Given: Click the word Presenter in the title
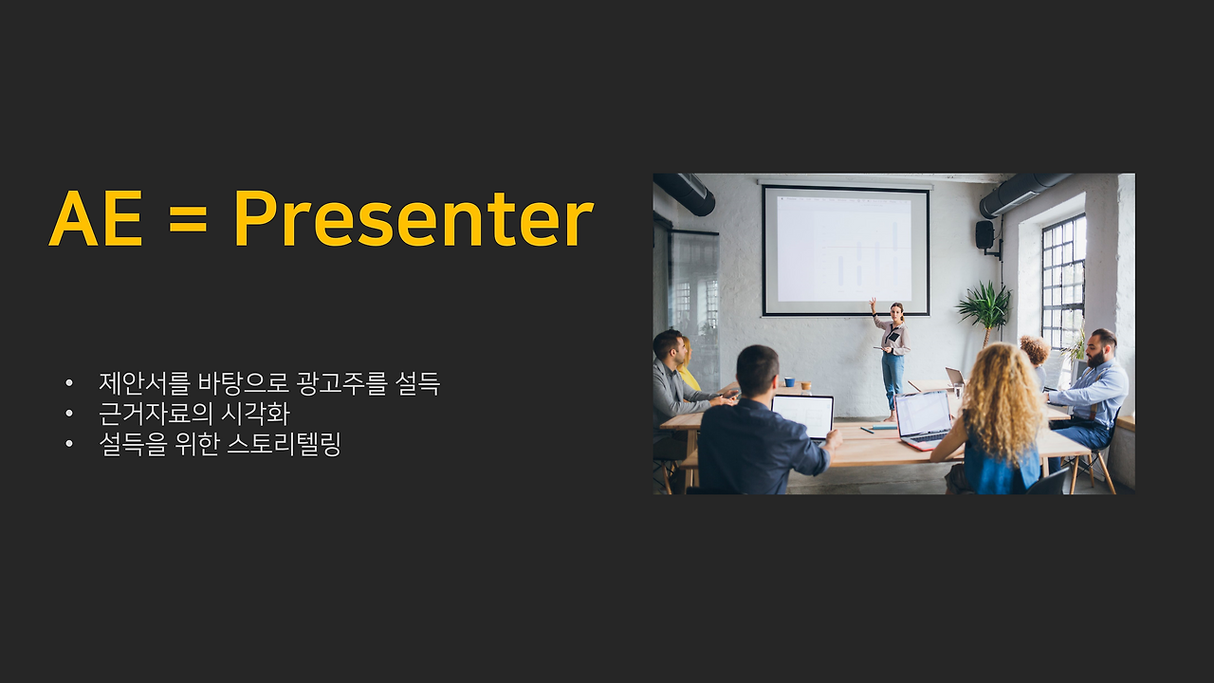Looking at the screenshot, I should tap(413, 220).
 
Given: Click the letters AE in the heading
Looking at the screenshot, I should tap(96, 220).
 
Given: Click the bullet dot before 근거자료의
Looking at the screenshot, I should tap(68, 415).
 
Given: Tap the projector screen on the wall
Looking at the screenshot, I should tap(845, 249).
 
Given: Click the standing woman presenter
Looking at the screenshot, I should tap(892, 356).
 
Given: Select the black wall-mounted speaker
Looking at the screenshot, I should tap(984, 234).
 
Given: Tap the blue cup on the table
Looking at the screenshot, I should tap(789, 382).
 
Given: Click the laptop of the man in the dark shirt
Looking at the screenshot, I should tap(803, 415).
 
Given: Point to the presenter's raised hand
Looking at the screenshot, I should tap(873, 304).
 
